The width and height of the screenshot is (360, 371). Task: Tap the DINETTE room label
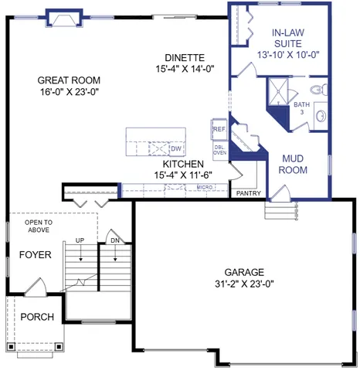click(x=184, y=57)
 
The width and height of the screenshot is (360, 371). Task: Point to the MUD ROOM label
click(x=294, y=164)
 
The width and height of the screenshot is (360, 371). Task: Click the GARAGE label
click(x=244, y=272)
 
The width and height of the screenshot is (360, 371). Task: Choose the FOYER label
click(x=35, y=254)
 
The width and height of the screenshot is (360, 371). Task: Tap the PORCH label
click(x=37, y=317)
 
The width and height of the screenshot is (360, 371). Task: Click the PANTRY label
click(x=249, y=193)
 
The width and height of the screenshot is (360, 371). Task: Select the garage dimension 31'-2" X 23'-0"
click(x=244, y=284)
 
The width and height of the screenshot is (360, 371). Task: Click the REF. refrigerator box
click(x=219, y=129)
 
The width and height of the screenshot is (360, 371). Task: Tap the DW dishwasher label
click(x=175, y=148)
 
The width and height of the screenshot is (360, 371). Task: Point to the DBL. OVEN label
click(x=219, y=149)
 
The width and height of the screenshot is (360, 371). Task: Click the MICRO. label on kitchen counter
click(x=204, y=188)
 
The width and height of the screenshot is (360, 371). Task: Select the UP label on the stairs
click(x=80, y=240)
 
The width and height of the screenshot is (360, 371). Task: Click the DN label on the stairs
click(x=114, y=240)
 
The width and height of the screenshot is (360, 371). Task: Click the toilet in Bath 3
click(x=322, y=90)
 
